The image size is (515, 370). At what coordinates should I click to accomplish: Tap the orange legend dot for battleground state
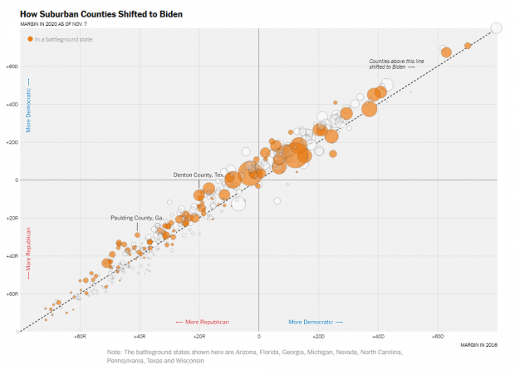31,39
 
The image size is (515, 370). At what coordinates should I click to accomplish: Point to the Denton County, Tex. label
198,175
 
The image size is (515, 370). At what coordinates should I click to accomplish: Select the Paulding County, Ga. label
136,218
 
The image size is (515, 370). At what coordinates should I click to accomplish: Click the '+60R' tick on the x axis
80,338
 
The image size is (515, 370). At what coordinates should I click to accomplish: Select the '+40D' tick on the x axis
378,338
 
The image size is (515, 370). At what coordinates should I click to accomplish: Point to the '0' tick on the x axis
258,338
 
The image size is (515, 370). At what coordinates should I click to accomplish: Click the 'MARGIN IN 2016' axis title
478,344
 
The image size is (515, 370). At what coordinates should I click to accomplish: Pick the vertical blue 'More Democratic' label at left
28,106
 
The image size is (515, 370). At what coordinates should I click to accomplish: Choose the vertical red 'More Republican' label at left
28,251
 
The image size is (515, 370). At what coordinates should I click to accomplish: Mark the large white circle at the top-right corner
496,28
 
